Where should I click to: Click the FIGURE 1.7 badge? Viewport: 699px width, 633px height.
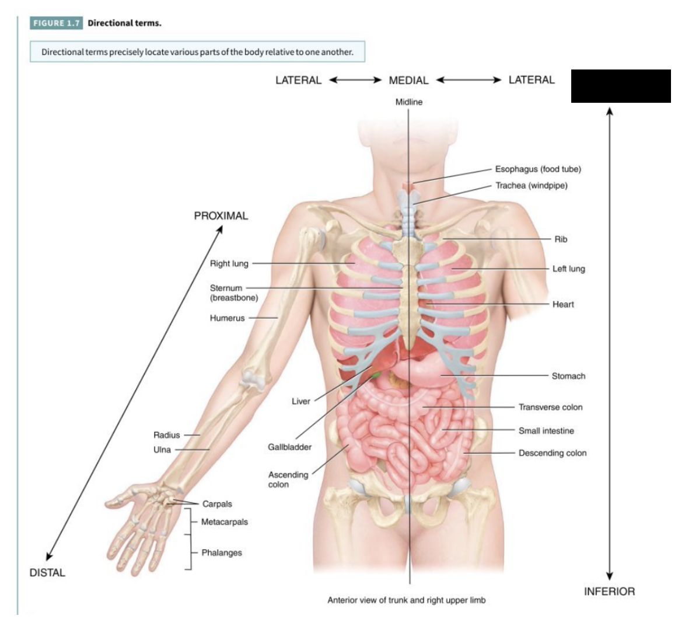[56, 23]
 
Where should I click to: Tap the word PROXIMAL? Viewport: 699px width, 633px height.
[221, 216]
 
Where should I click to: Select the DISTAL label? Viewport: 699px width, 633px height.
[47, 573]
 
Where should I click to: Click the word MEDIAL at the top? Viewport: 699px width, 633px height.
[408, 81]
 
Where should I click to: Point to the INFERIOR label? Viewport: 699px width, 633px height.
[609, 592]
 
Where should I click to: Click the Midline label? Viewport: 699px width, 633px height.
[408, 102]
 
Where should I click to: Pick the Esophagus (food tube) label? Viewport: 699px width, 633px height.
[538, 169]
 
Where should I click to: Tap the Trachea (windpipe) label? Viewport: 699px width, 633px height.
[531, 186]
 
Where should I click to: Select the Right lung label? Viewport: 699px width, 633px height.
[229, 264]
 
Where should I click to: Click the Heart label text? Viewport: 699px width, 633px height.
[563, 304]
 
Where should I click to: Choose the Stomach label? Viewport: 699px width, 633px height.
[568, 376]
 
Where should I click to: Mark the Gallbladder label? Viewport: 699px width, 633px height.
[289, 447]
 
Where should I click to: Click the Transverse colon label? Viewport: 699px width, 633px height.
[550, 407]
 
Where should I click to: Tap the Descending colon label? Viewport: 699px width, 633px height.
[552, 453]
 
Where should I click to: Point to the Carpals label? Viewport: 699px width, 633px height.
[217, 504]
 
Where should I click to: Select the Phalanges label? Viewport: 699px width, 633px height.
[221, 553]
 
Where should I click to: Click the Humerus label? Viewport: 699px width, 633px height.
[227, 318]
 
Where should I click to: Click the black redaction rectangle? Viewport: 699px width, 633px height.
[620, 86]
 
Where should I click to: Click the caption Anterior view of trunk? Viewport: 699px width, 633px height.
[406, 600]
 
